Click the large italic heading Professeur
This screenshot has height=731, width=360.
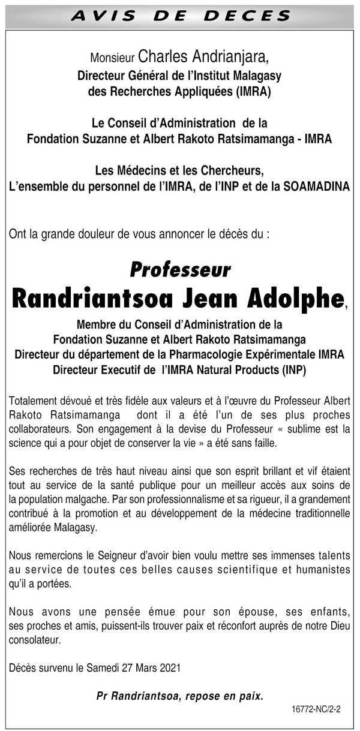(180, 270)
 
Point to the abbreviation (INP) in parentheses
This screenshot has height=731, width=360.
(293, 370)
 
